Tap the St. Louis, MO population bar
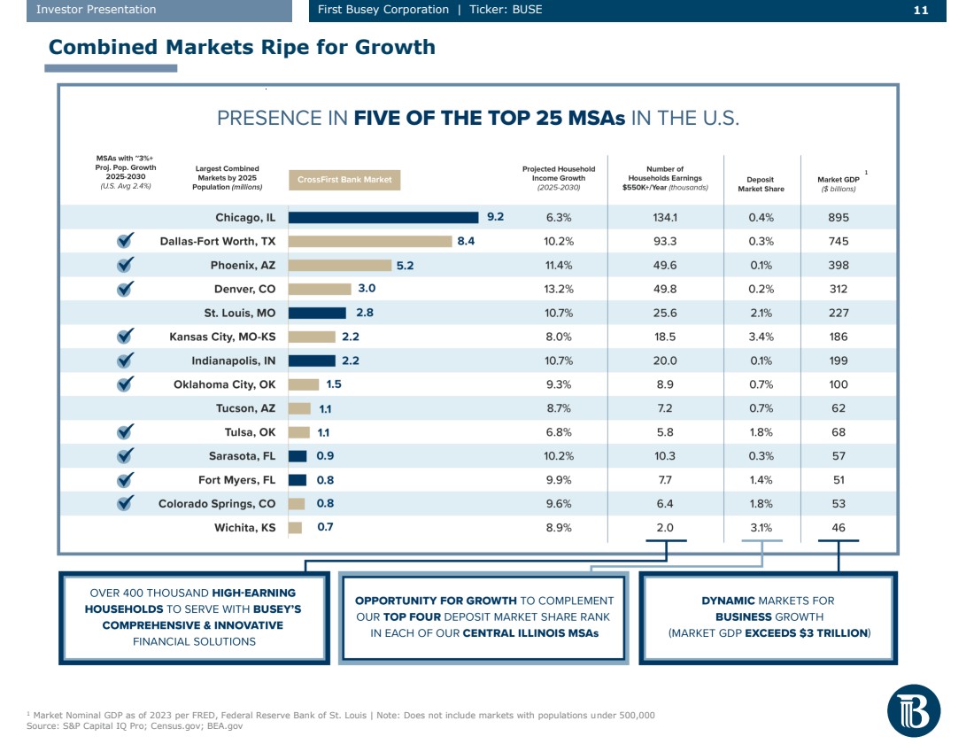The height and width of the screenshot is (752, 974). [x=317, y=313]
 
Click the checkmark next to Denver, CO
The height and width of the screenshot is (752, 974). [x=126, y=288]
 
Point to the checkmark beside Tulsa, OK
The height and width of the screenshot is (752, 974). [x=126, y=431]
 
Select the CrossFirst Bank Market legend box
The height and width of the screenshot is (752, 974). [x=344, y=180]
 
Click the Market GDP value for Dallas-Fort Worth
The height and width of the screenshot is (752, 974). [x=839, y=241]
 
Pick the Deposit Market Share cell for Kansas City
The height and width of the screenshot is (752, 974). [x=761, y=337]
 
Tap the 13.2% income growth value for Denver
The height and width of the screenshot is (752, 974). [x=559, y=289]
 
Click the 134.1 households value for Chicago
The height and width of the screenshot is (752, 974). [x=664, y=217]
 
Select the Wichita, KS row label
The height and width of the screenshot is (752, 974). [x=244, y=528]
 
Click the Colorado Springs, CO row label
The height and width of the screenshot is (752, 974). [x=217, y=504]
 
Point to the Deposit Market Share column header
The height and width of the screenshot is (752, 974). [x=761, y=184]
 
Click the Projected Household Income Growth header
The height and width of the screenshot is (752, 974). [x=559, y=178]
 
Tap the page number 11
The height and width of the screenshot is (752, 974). [x=920, y=10]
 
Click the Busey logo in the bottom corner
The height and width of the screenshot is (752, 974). [x=914, y=710]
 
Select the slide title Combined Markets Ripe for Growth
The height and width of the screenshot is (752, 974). [x=242, y=47]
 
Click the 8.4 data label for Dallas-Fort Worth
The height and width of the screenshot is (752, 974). [x=466, y=241]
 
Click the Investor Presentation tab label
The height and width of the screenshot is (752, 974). [x=96, y=10]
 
